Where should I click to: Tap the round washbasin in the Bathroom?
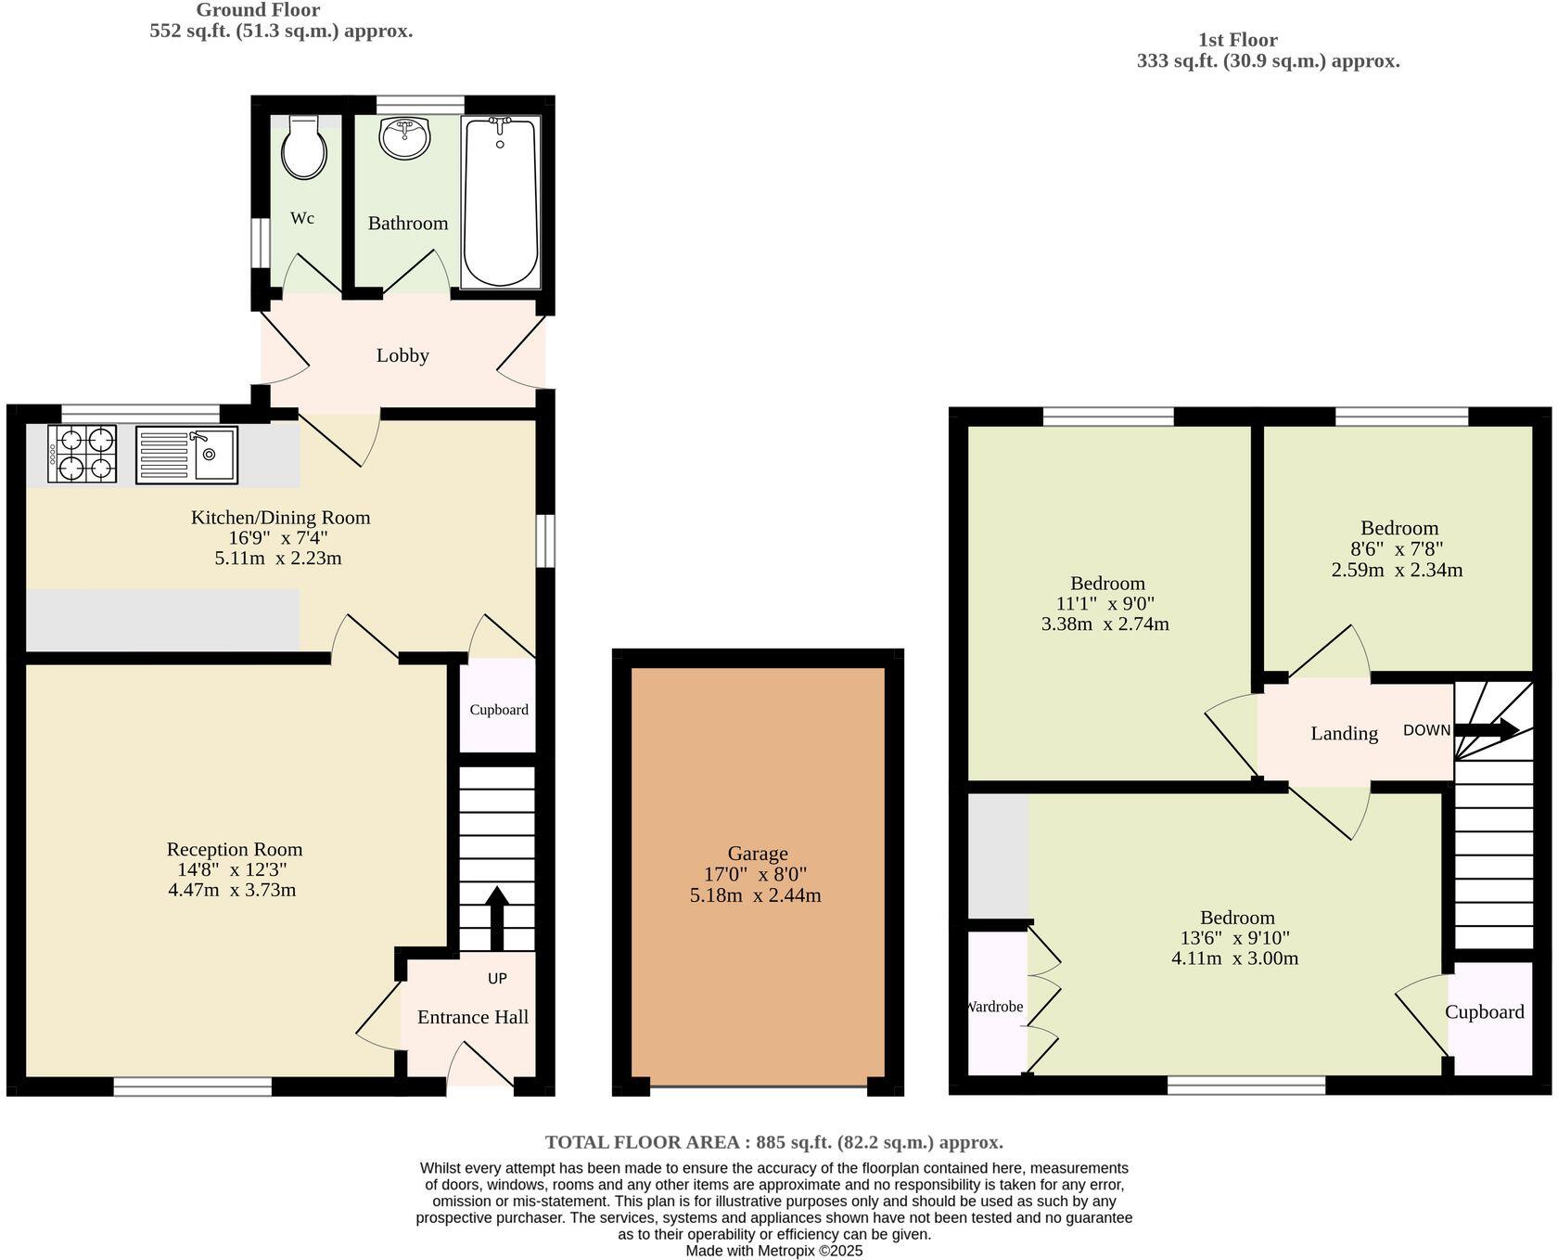tap(405, 138)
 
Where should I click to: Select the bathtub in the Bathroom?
tap(501, 202)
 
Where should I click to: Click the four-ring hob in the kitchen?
tap(82, 454)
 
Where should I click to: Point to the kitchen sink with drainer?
tap(186, 454)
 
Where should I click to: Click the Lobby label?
tap(402, 355)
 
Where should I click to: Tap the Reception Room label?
tap(235, 849)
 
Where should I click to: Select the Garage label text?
tap(758, 854)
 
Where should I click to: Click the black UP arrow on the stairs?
tap(497, 919)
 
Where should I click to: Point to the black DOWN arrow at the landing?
tap(1486, 729)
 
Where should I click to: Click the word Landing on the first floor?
tap(1344, 734)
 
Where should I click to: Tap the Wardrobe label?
tap(995, 1007)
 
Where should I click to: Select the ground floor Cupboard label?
tap(499, 710)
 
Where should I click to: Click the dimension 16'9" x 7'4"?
tap(278, 538)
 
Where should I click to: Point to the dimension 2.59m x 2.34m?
tap(1397, 570)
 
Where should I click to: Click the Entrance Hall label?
tap(473, 1017)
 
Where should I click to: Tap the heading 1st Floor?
tap(1238, 40)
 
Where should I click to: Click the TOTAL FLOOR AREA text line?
tap(774, 1142)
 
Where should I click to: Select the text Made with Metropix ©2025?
tap(774, 1251)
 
